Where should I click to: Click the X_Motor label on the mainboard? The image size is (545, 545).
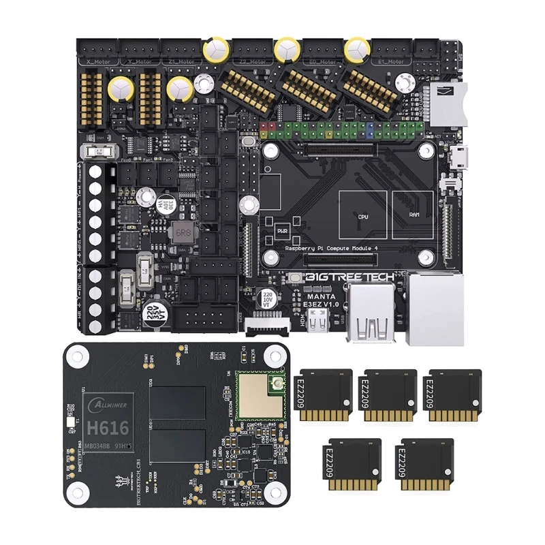pyautogui.click(x=99, y=60)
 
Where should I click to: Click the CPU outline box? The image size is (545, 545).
pyautogui.click(x=363, y=215)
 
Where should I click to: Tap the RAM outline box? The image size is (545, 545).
pyautogui.click(x=412, y=215)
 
